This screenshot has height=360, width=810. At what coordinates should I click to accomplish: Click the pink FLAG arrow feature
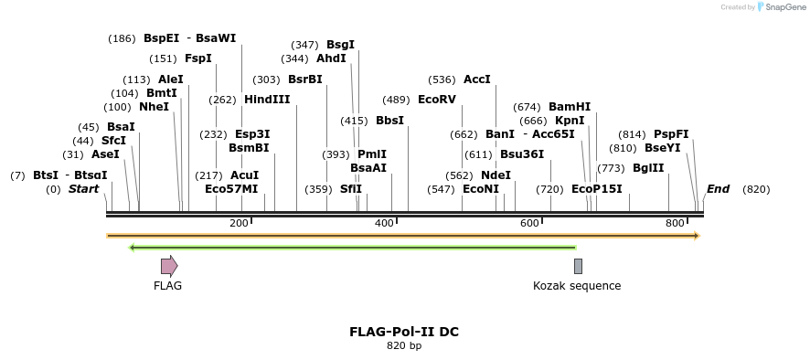(x=169, y=266)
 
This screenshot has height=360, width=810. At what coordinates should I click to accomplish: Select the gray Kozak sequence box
(x=578, y=266)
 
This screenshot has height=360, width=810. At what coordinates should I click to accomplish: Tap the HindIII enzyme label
(x=267, y=100)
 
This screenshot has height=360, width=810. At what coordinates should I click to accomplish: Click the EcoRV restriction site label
(x=436, y=100)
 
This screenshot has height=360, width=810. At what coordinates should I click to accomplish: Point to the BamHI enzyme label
(x=570, y=107)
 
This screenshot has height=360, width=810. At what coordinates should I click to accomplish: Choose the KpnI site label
(x=570, y=121)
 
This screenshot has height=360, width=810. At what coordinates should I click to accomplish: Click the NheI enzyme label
(x=155, y=107)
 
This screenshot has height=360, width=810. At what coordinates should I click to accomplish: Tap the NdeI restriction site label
(x=496, y=175)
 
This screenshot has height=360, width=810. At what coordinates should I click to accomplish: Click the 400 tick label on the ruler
(x=384, y=224)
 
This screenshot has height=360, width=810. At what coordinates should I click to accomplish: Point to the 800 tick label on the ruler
(x=675, y=224)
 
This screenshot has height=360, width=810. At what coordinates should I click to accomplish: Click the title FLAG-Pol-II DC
(x=404, y=332)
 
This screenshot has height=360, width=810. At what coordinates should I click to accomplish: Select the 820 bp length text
(x=404, y=346)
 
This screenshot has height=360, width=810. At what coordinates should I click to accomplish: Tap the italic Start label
(x=83, y=189)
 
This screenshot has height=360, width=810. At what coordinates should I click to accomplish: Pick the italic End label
(x=718, y=189)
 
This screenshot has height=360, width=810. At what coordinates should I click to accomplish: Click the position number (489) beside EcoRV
(x=396, y=100)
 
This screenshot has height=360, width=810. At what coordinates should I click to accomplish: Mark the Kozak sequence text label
(x=577, y=286)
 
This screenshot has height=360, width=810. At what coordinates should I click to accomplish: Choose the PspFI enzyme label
(x=671, y=134)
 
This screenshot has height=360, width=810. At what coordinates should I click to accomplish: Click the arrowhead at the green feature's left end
(x=133, y=247)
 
